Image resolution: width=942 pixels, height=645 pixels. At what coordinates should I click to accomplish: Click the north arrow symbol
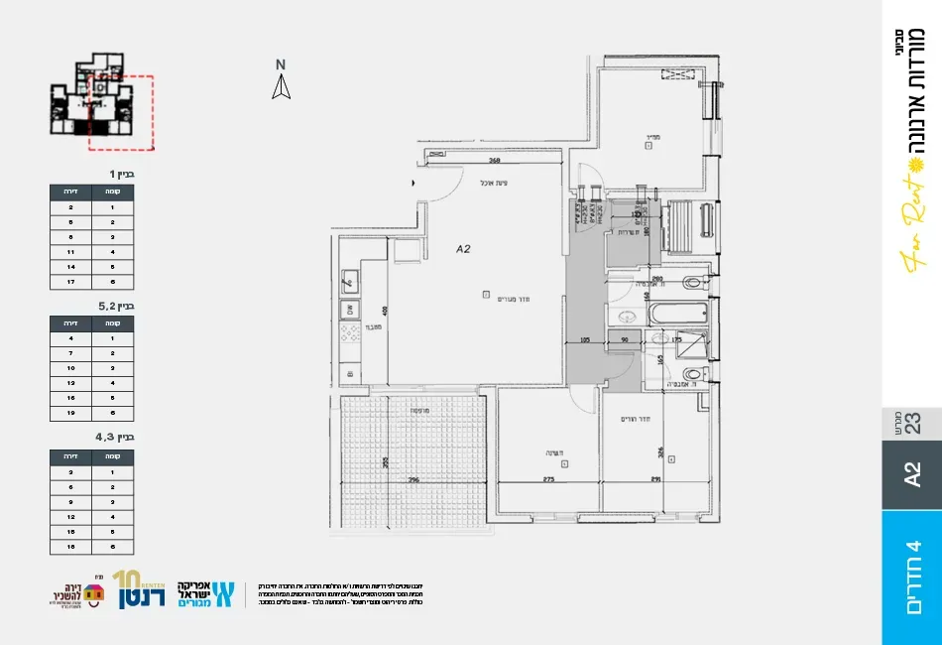pyautogui.click(x=282, y=88)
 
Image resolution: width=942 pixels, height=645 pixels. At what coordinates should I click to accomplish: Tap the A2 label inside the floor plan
pyautogui.click(x=462, y=250)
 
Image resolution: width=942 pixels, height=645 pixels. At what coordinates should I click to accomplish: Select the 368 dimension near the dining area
pyautogui.click(x=495, y=161)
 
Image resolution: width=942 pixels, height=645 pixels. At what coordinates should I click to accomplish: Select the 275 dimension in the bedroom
pyautogui.click(x=546, y=480)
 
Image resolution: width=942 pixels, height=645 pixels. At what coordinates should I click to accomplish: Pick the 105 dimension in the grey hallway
pyautogui.click(x=584, y=340)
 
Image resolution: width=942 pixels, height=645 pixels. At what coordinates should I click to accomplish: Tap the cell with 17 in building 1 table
pyautogui.click(x=70, y=282)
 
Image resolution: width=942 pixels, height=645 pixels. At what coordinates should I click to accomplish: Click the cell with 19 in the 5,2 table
pyautogui.click(x=70, y=412)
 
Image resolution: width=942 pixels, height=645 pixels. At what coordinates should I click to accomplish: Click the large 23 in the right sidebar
pyautogui.click(x=913, y=423)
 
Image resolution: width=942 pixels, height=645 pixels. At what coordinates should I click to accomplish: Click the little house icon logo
pyautogui.click(x=94, y=593)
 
